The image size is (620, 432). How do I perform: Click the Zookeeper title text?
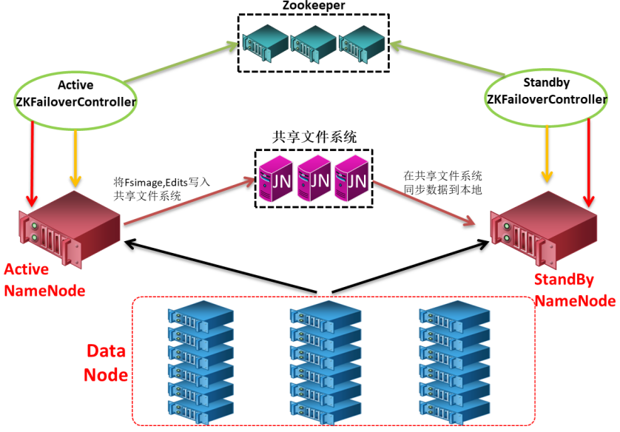click(314, 7)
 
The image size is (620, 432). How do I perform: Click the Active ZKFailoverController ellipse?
click(75, 94)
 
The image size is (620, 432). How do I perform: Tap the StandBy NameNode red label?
click(574, 290)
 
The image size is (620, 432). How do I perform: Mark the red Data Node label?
click(107, 362)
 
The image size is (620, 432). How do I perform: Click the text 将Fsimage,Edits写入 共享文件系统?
click(162, 189)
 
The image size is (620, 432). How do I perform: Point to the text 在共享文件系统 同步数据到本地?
click(442, 183)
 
